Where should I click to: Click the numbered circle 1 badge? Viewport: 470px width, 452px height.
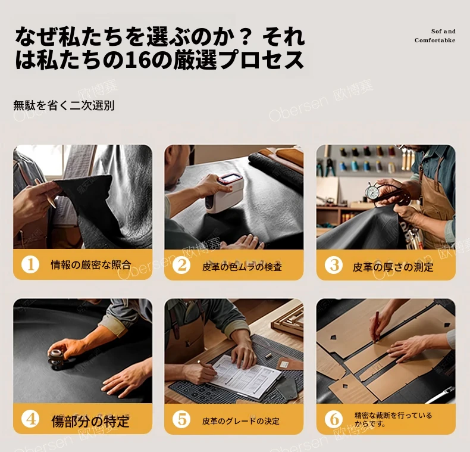pyautogui.click(x=30, y=265)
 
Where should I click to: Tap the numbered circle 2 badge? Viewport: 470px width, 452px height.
pyautogui.click(x=181, y=265)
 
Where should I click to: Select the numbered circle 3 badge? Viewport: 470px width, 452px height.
pyautogui.click(x=334, y=265)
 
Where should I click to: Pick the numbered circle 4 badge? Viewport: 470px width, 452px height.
pyautogui.click(x=30, y=419)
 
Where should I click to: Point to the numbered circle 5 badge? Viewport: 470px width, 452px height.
pyautogui.click(x=181, y=419)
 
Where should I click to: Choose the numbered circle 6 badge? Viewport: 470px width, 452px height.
pyautogui.click(x=334, y=419)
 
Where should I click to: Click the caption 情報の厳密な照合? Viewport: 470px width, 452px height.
pyautogui.click(x=91, y=265)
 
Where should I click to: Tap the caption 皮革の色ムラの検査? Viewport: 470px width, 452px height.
pyautogui.click(x=242, y=267)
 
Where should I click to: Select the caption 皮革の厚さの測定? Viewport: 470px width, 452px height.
pyautogui.click(x=393, y=267)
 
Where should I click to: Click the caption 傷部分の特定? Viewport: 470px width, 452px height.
pyautogui.click(x=90, y=422)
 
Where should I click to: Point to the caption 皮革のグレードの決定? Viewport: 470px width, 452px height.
pyautogui.click(x=241, y=421)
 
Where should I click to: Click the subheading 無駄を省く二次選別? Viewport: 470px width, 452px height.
pyautogui.click(x=64, y=105)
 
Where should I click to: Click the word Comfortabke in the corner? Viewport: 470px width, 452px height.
pyautogui.click(x=435, y=40)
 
